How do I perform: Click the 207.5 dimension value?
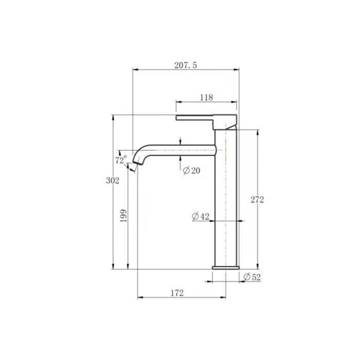click(186, 65)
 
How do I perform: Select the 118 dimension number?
click(206, 97)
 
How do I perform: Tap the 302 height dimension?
click(112, 181)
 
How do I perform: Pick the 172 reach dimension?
click(176, 293)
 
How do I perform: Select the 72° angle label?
click(121, 160)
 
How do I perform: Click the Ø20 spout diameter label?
click(191, 171)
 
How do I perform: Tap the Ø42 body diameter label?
click(201, 217)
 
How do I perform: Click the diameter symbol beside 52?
click(246, 277)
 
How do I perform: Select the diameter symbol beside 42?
click(195, 217)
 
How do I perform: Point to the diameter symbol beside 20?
click(186, 171)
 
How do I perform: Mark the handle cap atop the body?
click(225, 122)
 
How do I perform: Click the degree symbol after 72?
click(125, 158)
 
